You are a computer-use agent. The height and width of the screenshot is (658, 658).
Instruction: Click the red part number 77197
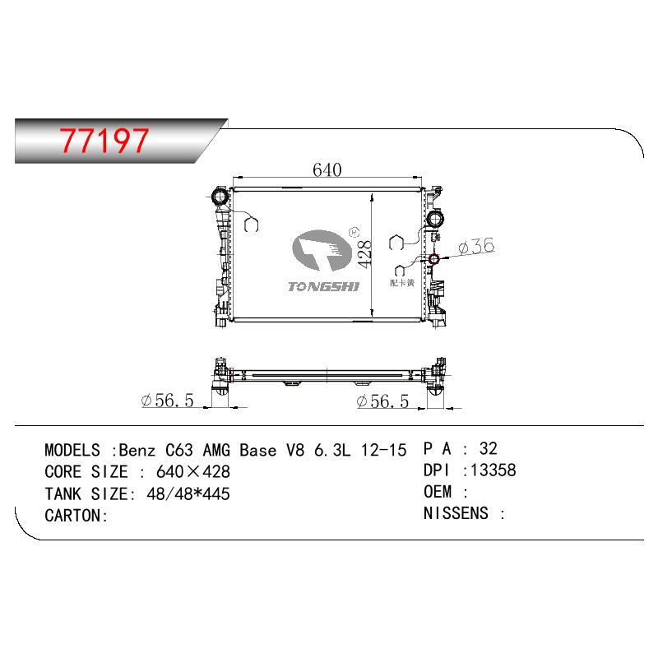[x=104, y=140]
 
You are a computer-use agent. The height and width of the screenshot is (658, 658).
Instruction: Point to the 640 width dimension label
[x=327, y=169]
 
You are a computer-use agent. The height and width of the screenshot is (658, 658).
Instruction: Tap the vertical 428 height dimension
[x=364, y=254]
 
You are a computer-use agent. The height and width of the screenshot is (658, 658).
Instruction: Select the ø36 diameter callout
[x=477, y=246]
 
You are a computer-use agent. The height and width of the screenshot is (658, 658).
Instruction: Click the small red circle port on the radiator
[x=433, y=259]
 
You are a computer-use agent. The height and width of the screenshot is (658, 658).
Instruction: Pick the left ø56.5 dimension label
[x=168, y=401]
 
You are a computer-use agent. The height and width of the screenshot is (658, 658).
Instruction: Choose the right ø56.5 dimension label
[x=382, y=401]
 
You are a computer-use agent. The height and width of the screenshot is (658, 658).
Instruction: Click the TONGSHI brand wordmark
[x=323, y=286]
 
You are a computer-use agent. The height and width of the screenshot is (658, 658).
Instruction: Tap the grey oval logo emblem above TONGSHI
[x=322, y=250]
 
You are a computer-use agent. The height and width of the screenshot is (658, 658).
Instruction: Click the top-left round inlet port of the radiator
[x=220, y=197]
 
